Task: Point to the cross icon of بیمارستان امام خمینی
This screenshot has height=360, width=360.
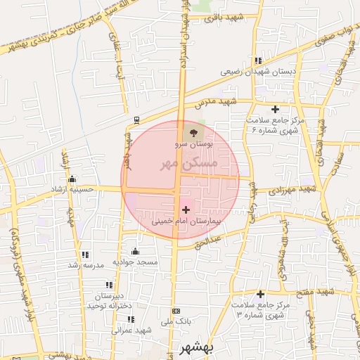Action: [x=186, y=209]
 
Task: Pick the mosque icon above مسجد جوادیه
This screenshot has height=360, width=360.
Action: [x=135, y=251]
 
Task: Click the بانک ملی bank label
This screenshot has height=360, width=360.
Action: [x=175, y=322]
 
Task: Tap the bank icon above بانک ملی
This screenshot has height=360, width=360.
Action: [x=176, y=311]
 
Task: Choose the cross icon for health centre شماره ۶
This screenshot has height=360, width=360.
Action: [x=275, y=108]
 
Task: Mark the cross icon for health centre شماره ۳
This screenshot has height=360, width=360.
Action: [x=260, y=294]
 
